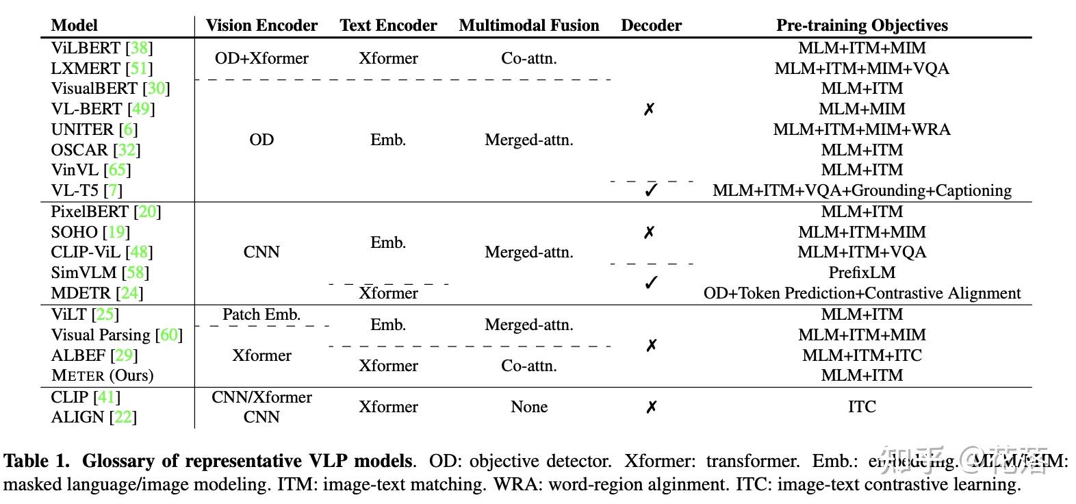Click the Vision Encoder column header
point(261,25)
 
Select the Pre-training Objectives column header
point(862,25)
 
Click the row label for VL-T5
point(75,190)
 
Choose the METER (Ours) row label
point(102,375)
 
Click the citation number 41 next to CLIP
point(106,397)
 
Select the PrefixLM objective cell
point(862,273)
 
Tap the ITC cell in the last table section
point(862,407)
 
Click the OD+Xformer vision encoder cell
point(261,58)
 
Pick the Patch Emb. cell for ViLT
point(261,314)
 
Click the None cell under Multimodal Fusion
point(529,407)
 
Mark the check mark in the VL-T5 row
point(651,190)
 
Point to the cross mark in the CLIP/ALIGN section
point(651,407)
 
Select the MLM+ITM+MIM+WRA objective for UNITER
point(862,129)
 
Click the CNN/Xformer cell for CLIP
point(261,397)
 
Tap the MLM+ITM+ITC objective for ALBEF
point(862,355)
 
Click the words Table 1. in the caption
point(37,461)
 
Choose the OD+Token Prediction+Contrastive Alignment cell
point(862,293)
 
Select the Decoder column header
point(651,25)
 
